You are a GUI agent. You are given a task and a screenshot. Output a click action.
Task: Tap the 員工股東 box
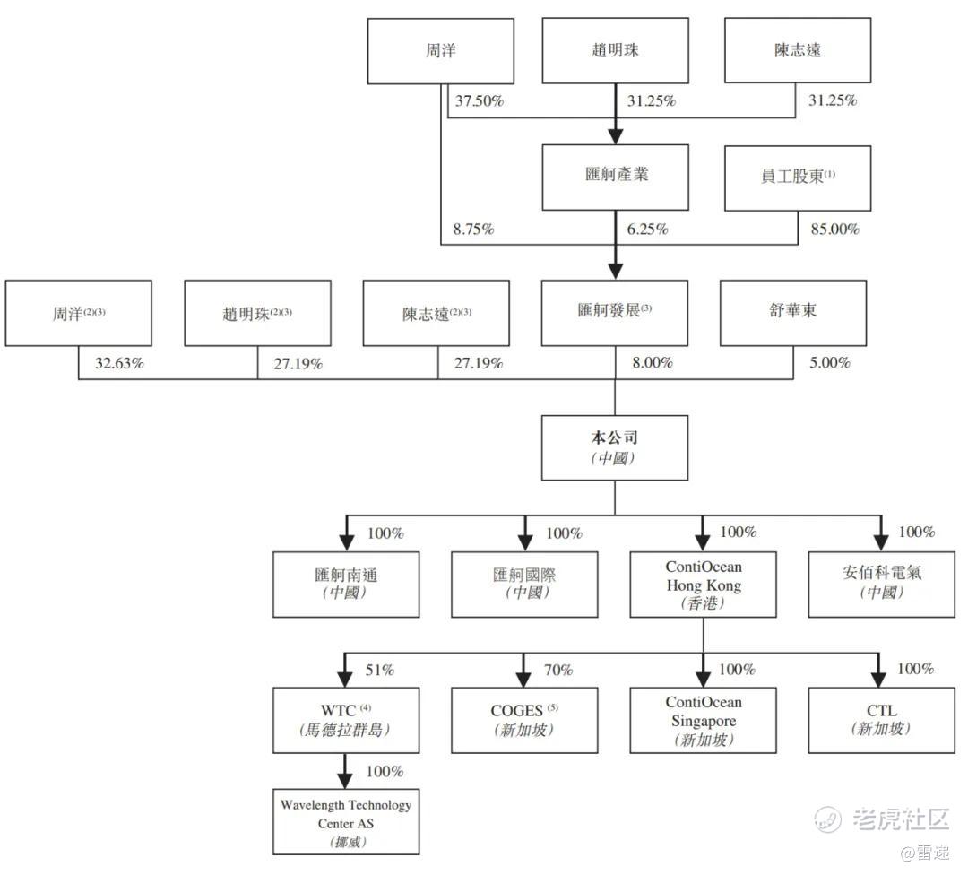point(797,178)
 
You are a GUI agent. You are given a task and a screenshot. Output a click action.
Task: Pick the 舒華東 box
point(793,313)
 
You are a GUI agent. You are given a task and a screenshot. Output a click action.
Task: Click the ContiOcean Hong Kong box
point(704,584)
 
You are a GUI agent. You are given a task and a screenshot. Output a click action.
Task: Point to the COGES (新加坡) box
point(524,719)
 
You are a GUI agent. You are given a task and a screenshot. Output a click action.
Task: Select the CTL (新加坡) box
point(881,719)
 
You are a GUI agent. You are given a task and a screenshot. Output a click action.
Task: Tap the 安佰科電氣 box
point(881,584)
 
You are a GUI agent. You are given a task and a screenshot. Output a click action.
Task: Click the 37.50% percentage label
point(480,101)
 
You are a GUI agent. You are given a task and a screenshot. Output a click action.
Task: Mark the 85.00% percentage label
point(834,230)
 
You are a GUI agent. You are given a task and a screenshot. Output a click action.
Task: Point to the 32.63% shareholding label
point(120,364)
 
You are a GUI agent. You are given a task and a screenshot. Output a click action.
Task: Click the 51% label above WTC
point(380,670)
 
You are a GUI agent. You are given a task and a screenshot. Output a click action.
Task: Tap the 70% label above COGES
point(558,670)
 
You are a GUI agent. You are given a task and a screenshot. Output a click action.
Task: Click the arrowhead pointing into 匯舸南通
point(346,541)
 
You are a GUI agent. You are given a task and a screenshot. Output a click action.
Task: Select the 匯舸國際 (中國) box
point(524,584)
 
